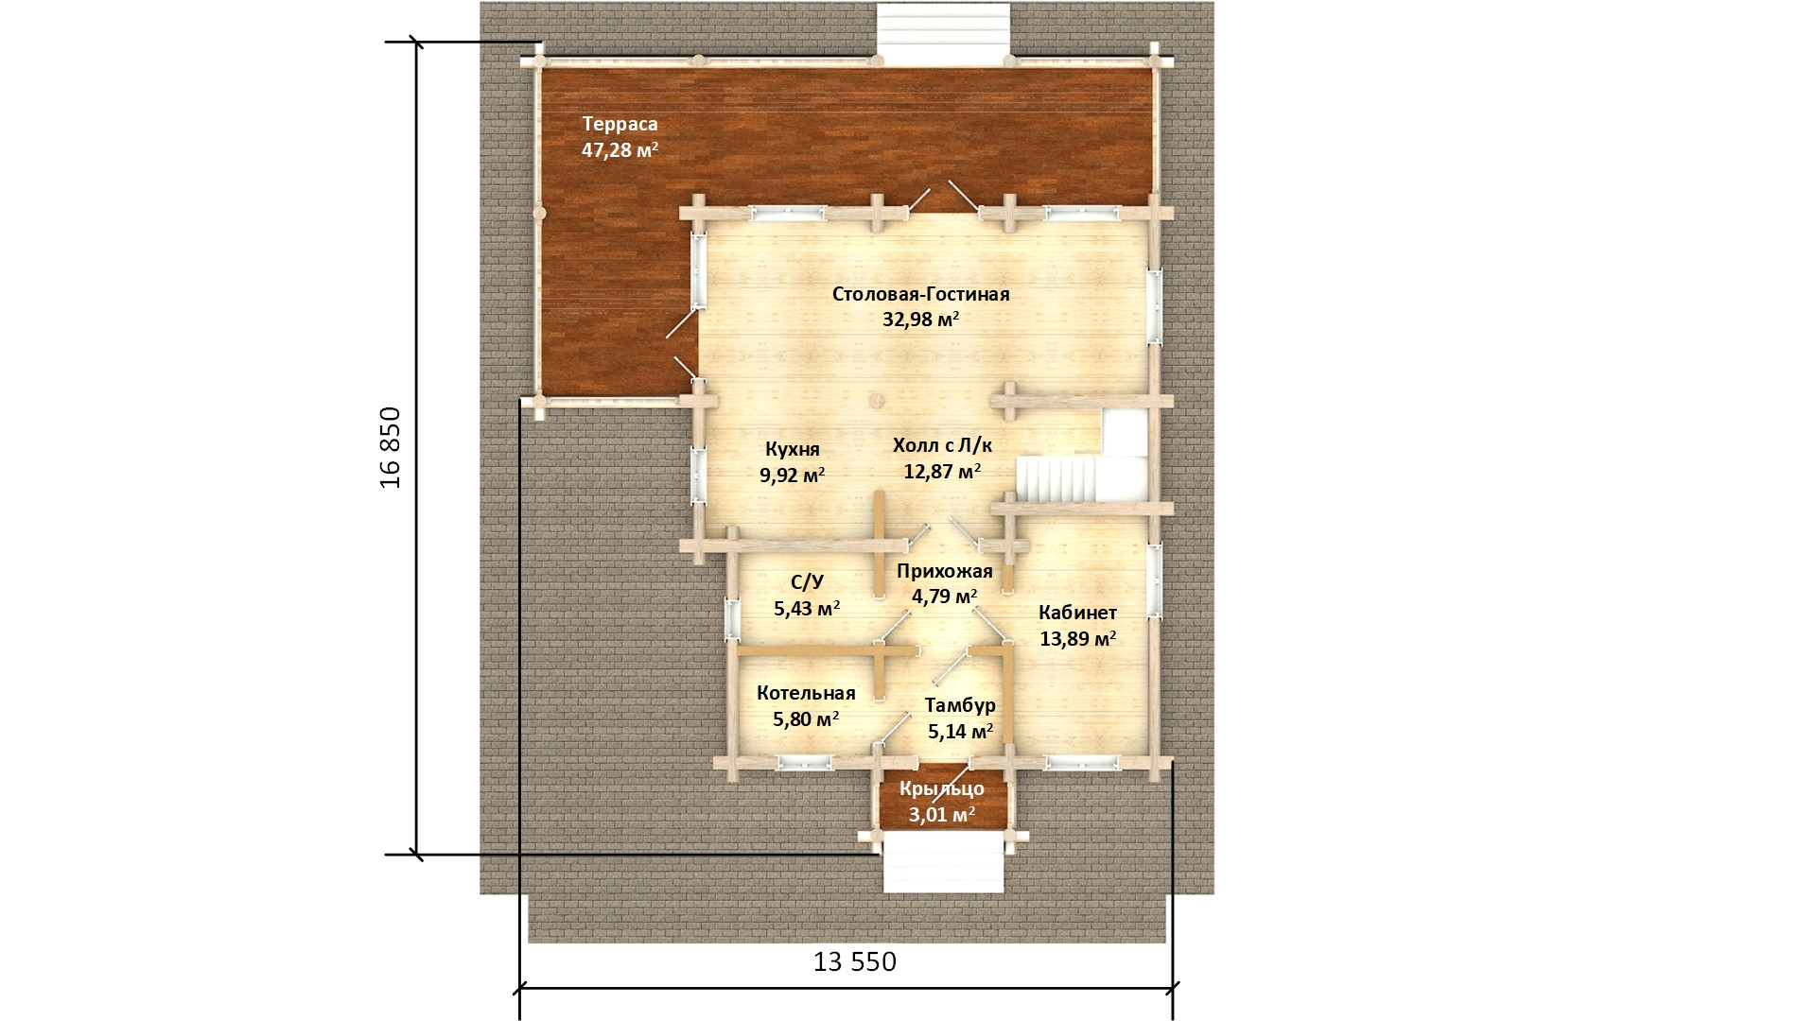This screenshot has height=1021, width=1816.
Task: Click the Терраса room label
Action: pos(620,124)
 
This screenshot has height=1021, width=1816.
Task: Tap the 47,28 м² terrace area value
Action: pos(620,149)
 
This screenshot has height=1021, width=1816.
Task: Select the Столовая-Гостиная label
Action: pos(921,294)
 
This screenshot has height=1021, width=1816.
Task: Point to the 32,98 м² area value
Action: pos(921,320)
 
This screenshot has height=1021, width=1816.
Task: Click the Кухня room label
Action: pos(793,449)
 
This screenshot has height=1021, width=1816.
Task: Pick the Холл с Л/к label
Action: pos(942,445)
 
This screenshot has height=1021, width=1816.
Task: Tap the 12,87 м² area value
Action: pos(942,471)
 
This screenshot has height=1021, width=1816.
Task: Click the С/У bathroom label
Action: pos(807,582)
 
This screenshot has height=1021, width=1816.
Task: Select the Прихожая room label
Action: pos(945,571)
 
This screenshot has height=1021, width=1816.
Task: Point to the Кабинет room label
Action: pos(1078,613)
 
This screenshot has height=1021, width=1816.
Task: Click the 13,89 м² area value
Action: pos(1078,639)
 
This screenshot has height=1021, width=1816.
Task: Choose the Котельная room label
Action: pos(806,694)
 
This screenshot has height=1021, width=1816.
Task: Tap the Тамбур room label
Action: pos(960,705)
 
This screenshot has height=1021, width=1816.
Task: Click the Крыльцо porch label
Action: pos(942,788)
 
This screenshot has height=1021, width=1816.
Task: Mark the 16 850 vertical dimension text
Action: pos(391,447)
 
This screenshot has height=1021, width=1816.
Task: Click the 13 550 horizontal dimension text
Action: pos(855,962)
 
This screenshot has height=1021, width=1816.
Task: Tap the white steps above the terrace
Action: pos(943,35)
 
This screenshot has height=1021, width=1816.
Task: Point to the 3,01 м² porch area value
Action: pos(942,814)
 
